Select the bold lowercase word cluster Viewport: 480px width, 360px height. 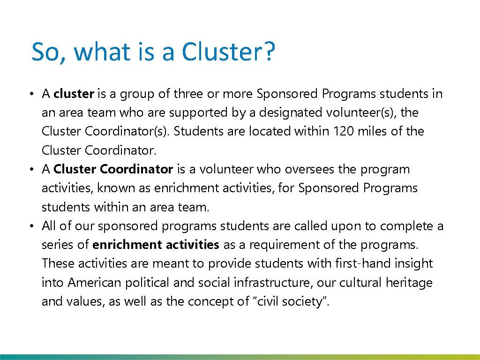click(x=74, y=94)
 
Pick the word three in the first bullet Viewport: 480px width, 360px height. click(x=188, y=94)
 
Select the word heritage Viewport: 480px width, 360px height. click(x=409, y=283)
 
